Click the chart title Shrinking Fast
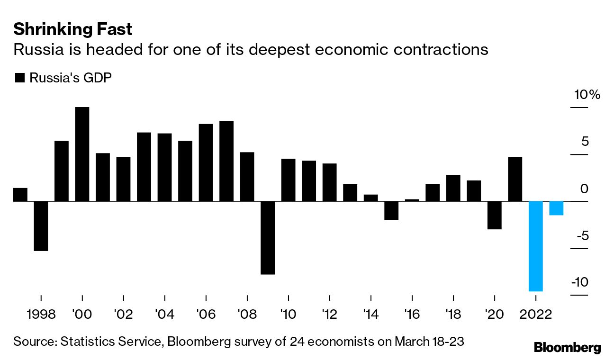coord(72,29)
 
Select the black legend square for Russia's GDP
coord(19,78)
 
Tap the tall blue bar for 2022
coord(536,246)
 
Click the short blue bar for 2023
coord(556,208)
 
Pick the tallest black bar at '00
coord(82,154)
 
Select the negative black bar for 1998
coord(41,226)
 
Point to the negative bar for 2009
coord(268,238)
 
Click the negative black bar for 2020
coord(495,215)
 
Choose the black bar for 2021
coord(515,179)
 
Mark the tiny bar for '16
coord(412,200)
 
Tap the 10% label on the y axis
coord(587,95)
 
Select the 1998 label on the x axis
coord(41,314)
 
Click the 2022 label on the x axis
coord(536,314)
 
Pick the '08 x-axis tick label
coord(247,314)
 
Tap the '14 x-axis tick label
coord(370,314)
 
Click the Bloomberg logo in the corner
coord(567,347)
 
